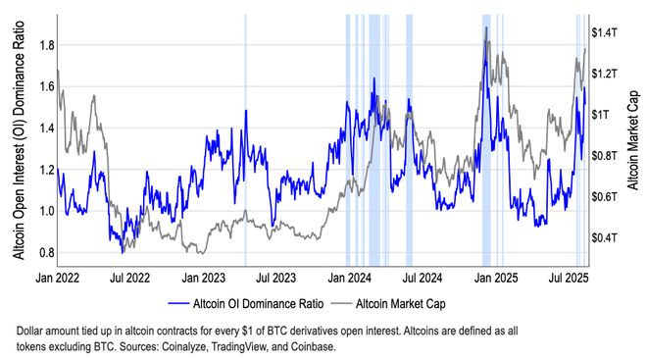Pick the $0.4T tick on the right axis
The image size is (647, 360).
tap(607, 237)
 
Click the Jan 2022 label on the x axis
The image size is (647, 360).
tap(59, 279)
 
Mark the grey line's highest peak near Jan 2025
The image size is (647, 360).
tap(485, 27)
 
